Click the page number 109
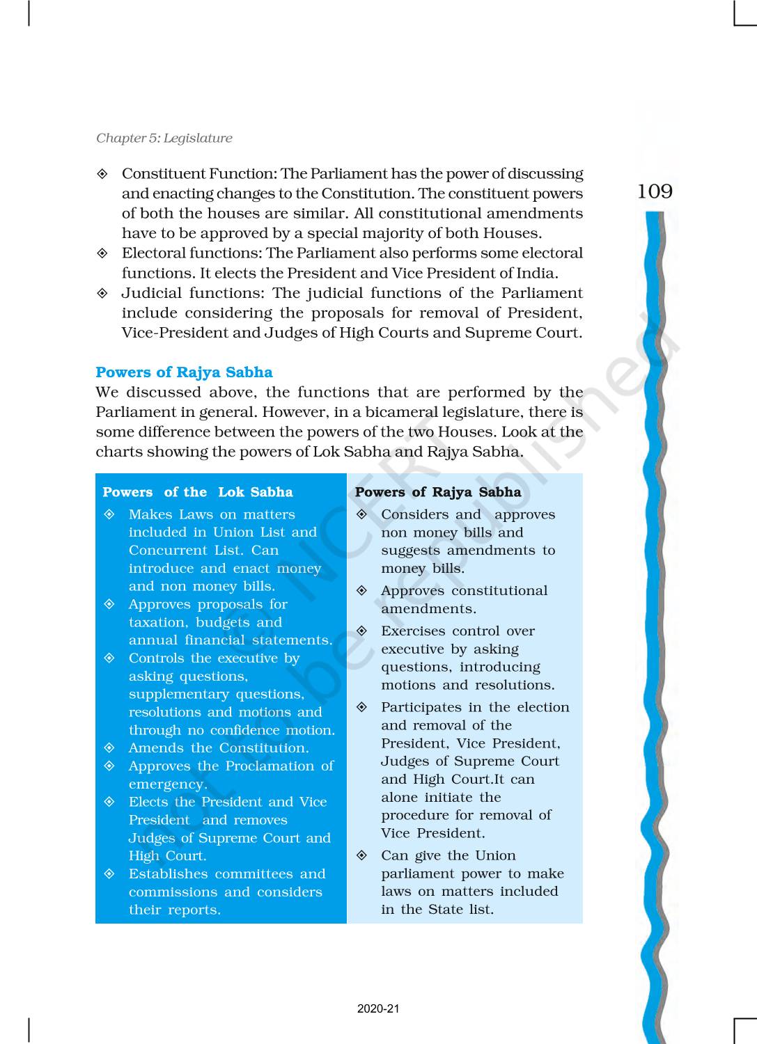coord(655,191)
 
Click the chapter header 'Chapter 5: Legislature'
coord(164,138)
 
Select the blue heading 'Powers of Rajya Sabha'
coord(184,372)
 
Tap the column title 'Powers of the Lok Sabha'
coord(198,492)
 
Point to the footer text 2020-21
coord(378,1009)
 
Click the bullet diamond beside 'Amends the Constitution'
coord(109,748)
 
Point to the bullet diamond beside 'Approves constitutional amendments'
coord(362,591)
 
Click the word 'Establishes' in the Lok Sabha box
coord(168,874)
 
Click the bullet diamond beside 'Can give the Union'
coord(362,855)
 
